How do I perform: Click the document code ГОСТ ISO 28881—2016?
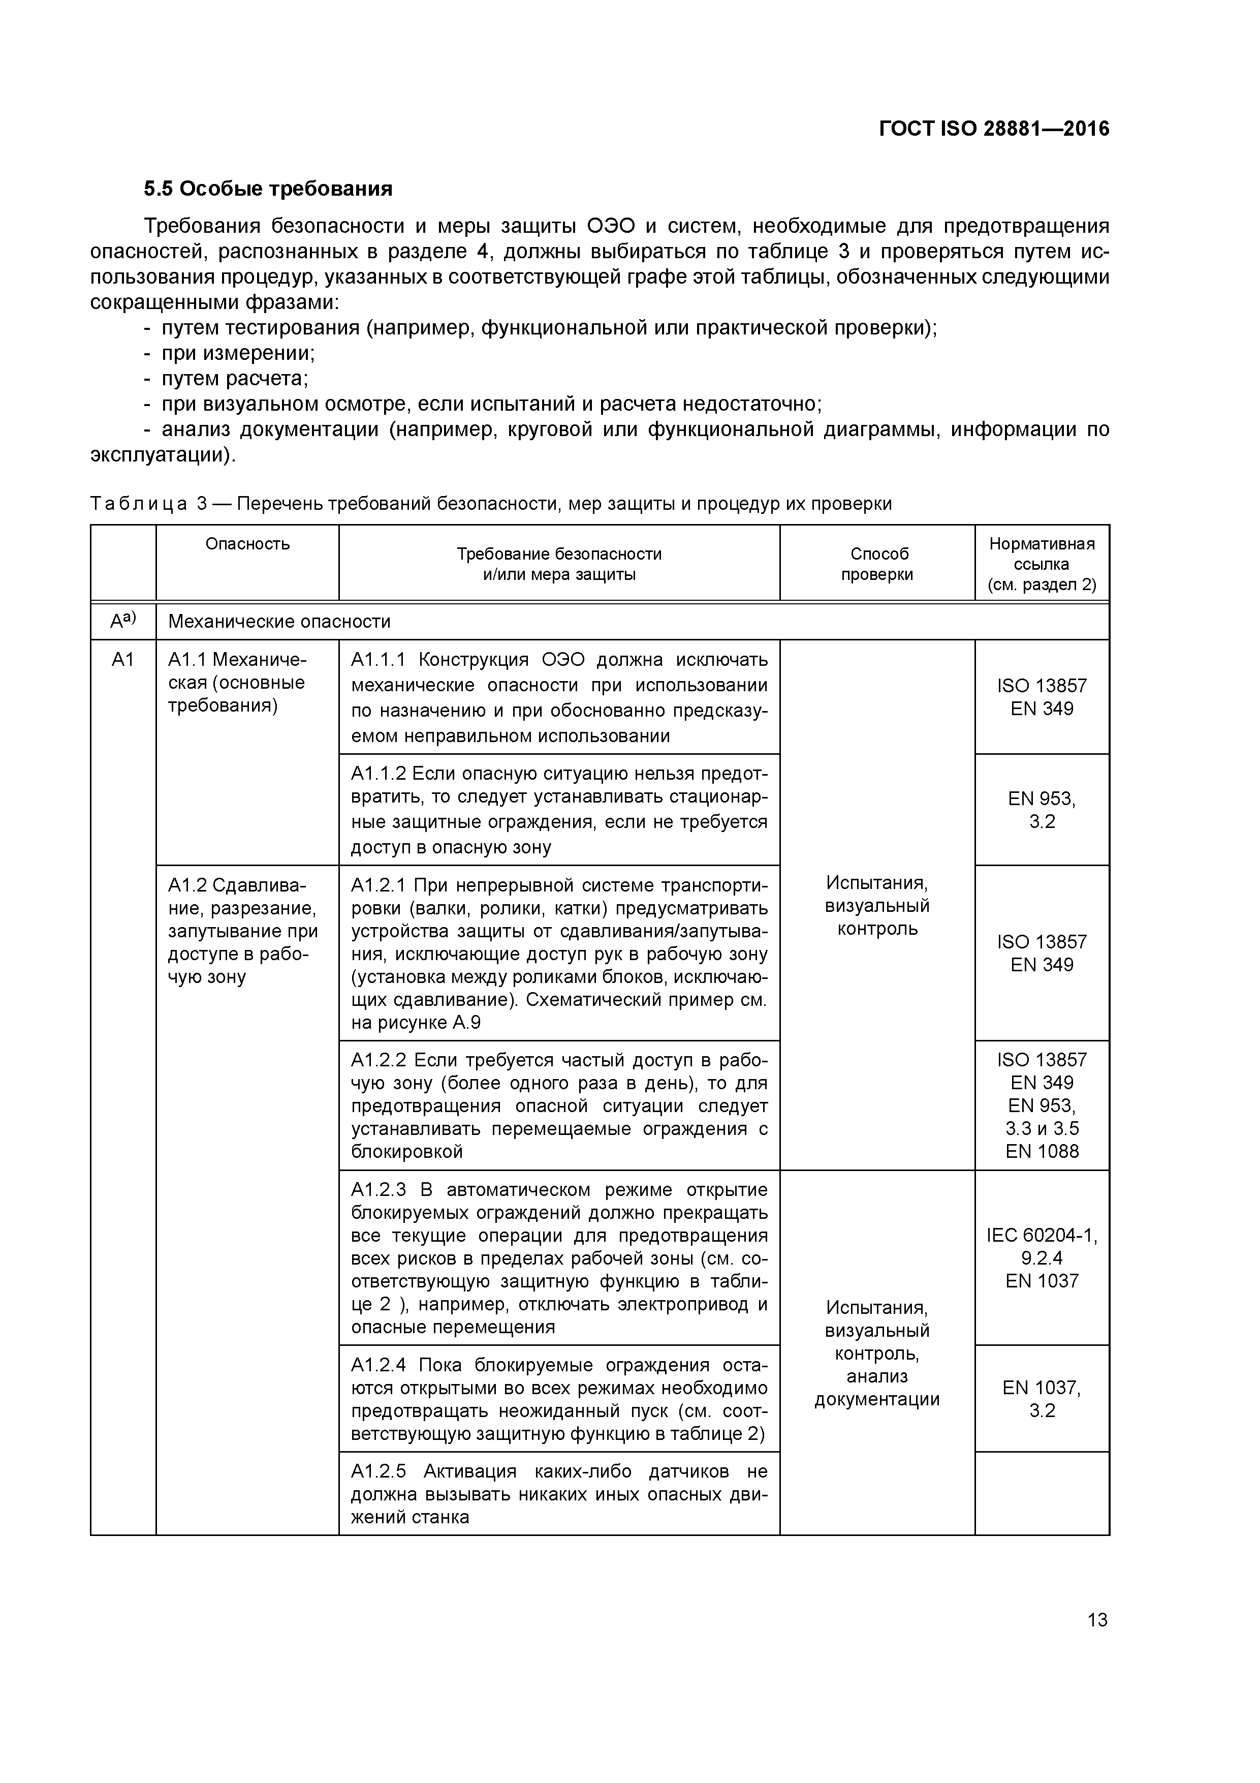[994, 129]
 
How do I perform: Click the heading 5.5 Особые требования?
[268, 189]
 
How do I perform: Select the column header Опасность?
[247, 544]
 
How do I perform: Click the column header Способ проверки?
[877, 564]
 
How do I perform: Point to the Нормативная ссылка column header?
[1042, 564]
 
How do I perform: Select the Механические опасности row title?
[279, 621]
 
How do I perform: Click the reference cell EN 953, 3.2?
[1042, 810]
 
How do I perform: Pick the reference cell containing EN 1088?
[1042, 1105]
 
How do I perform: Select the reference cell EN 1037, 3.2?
[1042, 1399]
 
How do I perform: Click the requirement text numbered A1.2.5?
[559, 1494]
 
